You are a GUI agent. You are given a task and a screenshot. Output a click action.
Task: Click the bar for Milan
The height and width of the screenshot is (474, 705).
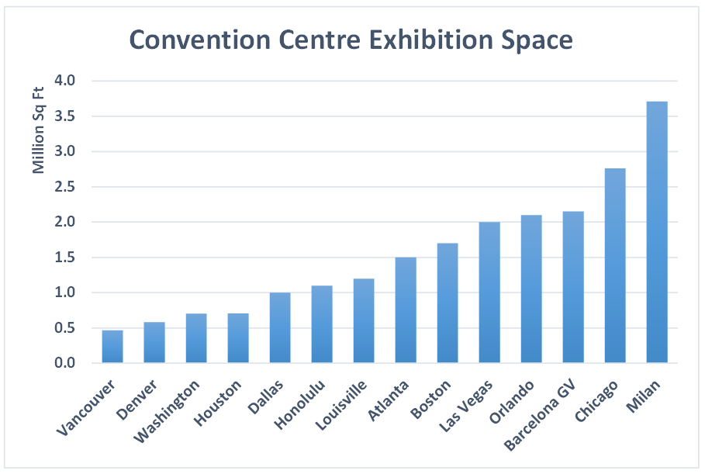(657, 233)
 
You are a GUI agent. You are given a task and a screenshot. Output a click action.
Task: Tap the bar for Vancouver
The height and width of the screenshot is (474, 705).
(112, 347)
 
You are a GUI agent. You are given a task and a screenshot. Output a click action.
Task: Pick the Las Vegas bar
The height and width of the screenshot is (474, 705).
(489, 292)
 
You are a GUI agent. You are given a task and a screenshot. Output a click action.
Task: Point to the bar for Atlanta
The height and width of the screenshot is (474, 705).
(406, 310)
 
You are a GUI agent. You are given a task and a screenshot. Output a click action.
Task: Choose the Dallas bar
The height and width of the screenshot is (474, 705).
(280, 328)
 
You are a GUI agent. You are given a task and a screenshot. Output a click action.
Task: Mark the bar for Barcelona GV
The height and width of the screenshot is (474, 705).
(573, 287)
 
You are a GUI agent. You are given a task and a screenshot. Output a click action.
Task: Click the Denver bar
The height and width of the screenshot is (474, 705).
(154, 343)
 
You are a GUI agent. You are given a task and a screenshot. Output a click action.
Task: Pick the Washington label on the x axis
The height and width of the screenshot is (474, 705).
(166, 410)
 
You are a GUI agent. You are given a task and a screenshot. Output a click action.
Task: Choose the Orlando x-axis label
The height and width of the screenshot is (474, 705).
(513, 401)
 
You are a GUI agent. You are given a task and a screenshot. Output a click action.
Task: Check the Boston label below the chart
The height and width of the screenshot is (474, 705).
(431, 398)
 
